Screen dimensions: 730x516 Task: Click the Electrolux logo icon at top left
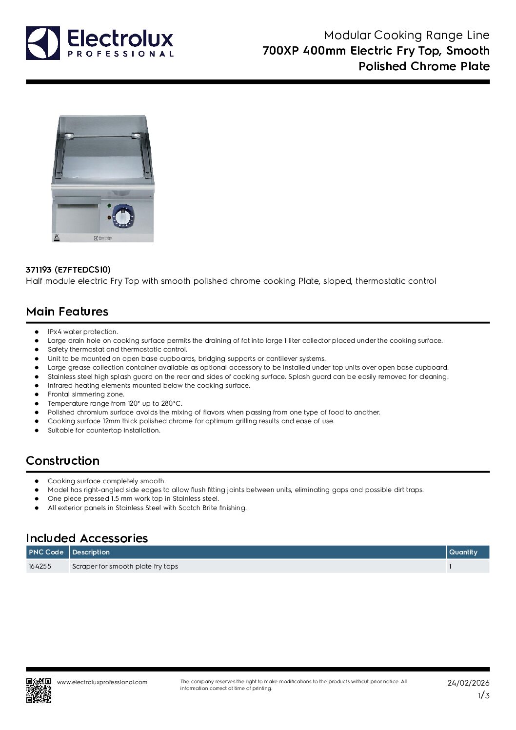click(43, 43)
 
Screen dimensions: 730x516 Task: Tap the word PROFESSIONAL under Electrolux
click(120, 54)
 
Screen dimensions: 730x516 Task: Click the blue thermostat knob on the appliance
click(122, 215)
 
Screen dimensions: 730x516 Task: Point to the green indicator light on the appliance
click(109, 205)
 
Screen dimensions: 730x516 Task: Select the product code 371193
click(39, 270)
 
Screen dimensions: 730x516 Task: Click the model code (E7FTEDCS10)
click(82, 270)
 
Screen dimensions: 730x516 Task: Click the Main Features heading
click(67, 312)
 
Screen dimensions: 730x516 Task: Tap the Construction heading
click(62, 461)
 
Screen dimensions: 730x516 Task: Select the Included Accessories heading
click(87, 538)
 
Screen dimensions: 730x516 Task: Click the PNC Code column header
click(46, 552)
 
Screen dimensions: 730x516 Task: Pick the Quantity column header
click(463, 552)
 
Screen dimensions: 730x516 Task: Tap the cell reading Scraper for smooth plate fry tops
click(125, 566)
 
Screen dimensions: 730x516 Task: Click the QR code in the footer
click(39, 690)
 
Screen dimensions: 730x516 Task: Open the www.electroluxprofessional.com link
click(102, 682)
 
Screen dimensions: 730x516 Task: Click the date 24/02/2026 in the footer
click(468, 683)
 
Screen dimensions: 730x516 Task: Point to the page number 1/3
click(483, 696)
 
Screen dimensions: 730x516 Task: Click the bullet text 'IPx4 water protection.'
click(83, 332)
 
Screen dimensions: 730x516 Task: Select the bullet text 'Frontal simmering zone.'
click(86, 394)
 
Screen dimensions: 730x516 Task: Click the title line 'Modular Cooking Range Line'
click(406, 35)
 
